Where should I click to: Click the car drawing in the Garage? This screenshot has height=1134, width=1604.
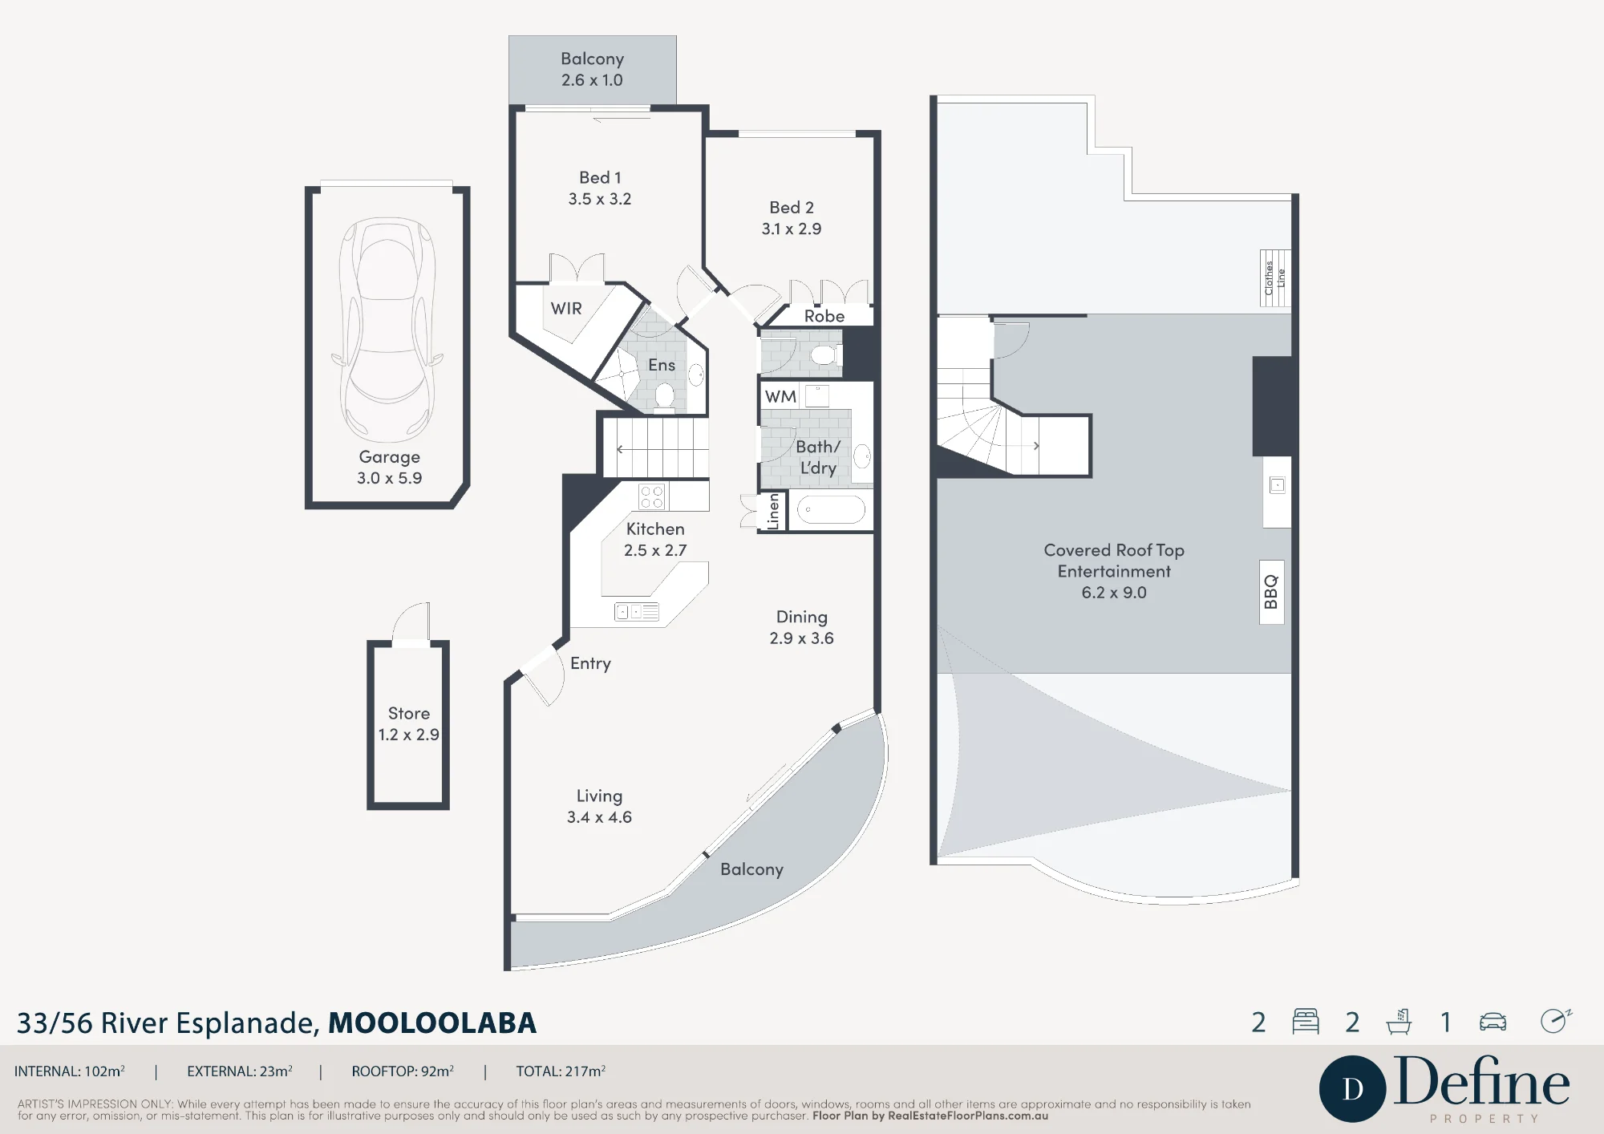pyautogui.click(x=387, y=330)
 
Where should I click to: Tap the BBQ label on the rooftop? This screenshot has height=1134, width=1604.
pyautogui.click(x=1271, y=592)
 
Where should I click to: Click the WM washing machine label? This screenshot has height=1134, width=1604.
pyautogui.click(x=780, y=396)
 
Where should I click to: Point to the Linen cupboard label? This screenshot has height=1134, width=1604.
pyautogui.click(x=773, y=511)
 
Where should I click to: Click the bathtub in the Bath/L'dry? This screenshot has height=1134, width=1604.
pyautogui.click(x=831, y=510)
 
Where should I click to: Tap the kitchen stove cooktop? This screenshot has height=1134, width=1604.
pyautogui.click(x=652, y=497)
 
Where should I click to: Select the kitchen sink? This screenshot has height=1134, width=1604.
pyautogui.click(x=636, y=612)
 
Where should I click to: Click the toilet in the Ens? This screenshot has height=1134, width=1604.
pyautogui.click(x=664, y=396)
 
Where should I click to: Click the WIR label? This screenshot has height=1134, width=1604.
pyautogui.click(x=566, y=309)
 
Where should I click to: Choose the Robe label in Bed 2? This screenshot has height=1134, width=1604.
pyautogui.click(x=824, y=316)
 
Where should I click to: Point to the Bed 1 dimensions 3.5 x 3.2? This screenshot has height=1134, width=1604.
pyautogui.click(x=600, y=199)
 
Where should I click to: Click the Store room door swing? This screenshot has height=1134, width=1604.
pyautogui.click(x=411, y=622)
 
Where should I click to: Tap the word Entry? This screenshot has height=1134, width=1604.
pyautogui.click(x=591, y=663)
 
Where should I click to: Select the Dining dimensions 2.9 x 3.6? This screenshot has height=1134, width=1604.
pyautogui.click(x=802, y=638)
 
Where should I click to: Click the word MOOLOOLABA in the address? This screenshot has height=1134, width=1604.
pyautogui.click(x=432, y=1023)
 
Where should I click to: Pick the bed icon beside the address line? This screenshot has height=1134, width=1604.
pyautogui.click(x=1306, y=1021)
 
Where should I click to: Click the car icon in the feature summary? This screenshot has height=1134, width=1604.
pyautogui.click(x=1493, y=1022)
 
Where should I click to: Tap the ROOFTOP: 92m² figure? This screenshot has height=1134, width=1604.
pyautogui.click(x=403, y=1071)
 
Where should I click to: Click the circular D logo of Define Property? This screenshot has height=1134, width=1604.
pyautogui.click(x=1353, y=1089)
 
